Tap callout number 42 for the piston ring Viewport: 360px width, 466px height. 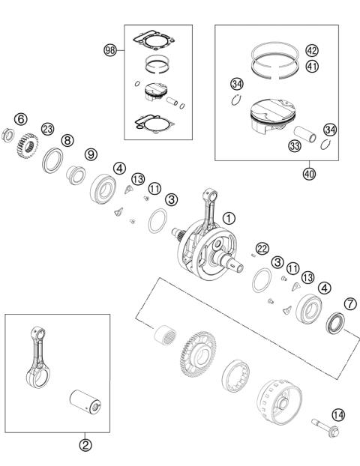311,51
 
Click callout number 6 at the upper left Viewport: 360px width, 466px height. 21,119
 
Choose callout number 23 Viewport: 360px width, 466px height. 48,129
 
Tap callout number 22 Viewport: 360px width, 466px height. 262,249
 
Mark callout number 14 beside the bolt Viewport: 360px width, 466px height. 337,414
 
